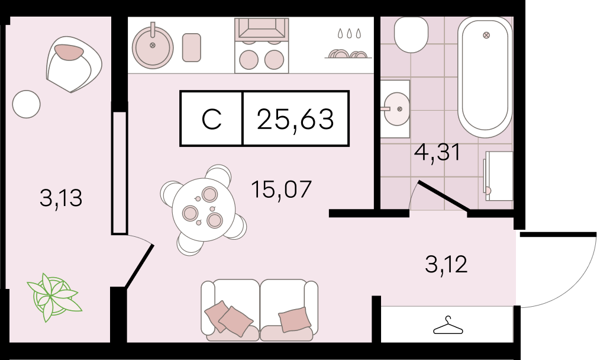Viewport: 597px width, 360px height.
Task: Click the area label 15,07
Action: point(282,189)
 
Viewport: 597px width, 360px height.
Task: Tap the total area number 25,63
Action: point(295,118)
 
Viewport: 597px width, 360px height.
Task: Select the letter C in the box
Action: point(211,119)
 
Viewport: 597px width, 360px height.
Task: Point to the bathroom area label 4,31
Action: point(437,152)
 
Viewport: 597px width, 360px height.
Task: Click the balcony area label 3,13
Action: point(61,198)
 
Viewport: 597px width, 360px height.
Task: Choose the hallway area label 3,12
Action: point(446,265)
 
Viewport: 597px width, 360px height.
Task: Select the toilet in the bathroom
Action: point(411,35)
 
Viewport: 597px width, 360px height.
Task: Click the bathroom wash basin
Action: point(396,109)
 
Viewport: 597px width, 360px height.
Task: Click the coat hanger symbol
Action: point(448,326)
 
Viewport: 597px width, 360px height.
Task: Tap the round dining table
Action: point(204,210)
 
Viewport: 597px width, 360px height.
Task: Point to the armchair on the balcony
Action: point(74,64)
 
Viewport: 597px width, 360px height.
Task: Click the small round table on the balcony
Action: point(26,104)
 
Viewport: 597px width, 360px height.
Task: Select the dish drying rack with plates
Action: point(348,54)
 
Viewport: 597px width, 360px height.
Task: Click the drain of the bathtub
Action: point(486,36)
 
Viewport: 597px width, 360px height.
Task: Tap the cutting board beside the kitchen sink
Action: point(192,47)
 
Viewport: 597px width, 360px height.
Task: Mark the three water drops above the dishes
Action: point(348,34)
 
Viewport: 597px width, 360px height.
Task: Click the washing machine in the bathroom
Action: point(498,176)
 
